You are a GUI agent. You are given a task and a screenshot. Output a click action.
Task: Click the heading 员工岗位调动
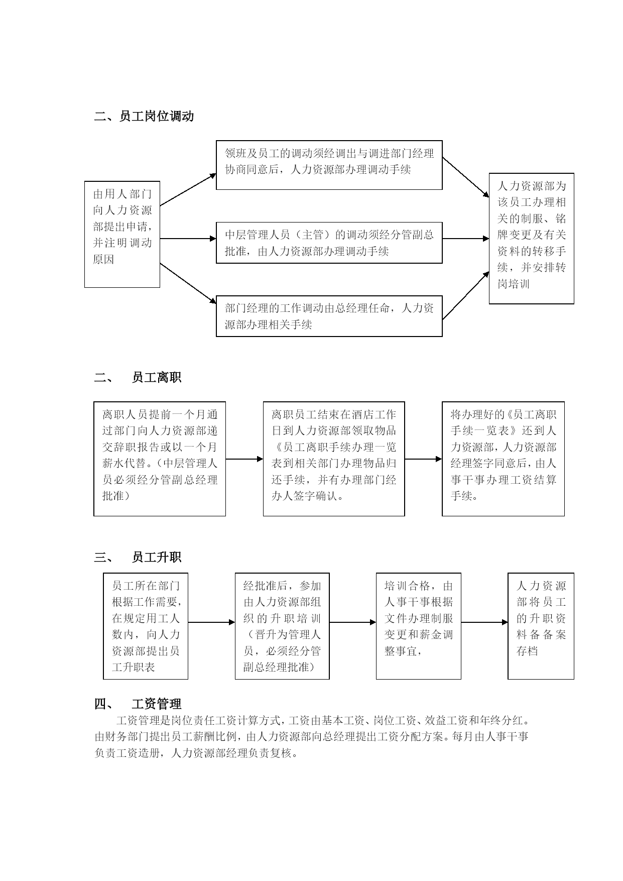[x=157, y=117]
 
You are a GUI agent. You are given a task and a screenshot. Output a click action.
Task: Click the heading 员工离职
[x=157, y=378]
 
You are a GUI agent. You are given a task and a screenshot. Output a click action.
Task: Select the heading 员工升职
[x=157, y=557]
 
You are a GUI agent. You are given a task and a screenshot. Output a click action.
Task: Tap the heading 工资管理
[x=157, y=704]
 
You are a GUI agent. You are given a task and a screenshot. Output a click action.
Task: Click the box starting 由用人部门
[x=122, y=235]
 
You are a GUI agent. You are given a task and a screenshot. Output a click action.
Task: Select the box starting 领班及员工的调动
[x=329, y=165]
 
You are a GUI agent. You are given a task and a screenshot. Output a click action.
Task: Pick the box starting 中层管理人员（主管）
[x=329, y=243]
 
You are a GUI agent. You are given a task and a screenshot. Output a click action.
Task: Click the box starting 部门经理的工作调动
[x=329, y=316]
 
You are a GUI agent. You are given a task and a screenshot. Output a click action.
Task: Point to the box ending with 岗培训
[x=532, y=239]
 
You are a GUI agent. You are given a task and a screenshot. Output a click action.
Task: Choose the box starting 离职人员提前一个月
[x=160, y=459]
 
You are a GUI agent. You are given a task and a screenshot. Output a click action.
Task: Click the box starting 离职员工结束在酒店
[x=334, y=459]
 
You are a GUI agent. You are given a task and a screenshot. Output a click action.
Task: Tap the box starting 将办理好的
[x=503, y=459]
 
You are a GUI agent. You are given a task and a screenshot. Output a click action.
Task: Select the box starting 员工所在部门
[x=146, y=626]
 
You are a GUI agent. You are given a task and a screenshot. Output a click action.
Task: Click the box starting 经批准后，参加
[x=282, y=626]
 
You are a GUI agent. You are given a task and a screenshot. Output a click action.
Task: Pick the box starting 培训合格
[x=419, y=626]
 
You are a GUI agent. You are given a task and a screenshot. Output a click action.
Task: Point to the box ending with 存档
[x=541, y=626]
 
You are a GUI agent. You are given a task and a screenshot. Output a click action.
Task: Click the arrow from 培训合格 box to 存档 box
[x=484, y=623]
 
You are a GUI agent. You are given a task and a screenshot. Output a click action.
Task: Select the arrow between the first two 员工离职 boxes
[x=244, y=459]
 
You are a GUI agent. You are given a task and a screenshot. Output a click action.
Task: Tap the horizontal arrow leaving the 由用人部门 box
[x=188, y=239]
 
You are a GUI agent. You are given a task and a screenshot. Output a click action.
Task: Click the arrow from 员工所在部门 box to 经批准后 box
[x=212, y=623]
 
